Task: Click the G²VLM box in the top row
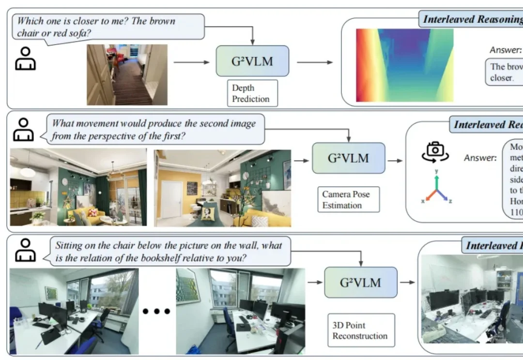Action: point(252,61)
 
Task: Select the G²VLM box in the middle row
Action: point(348,158)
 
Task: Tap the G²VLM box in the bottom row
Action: point(360,282)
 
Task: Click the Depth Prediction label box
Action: point(252,93)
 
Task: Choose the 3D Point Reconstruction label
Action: point(360,330)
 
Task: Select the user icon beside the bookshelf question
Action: point(25,250)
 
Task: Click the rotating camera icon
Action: point(435,151)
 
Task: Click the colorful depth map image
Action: point(405,65)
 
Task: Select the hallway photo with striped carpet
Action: point(127,75)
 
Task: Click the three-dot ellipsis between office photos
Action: point(156,311)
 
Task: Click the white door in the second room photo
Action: point(171,198)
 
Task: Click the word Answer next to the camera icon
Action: point(480,158)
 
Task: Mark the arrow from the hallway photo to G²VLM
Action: point(191,62)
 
